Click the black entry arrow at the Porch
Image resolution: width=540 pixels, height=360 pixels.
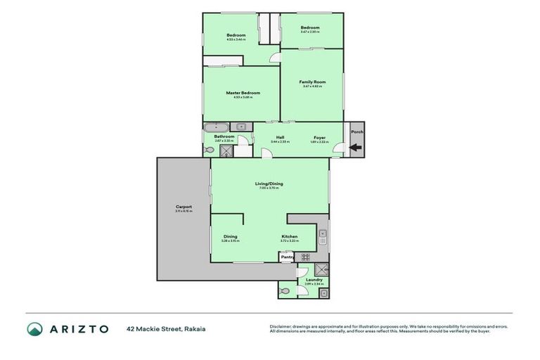(x=356, y=148)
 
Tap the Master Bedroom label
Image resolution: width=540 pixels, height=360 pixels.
(x=243, y=93)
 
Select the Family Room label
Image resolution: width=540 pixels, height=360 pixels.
(x=312, y=82)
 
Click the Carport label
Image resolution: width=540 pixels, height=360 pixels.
(x=184, y=207)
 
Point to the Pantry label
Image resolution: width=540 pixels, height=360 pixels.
(x=287, y=257)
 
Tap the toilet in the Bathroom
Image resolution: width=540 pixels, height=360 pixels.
(x=209, y=150)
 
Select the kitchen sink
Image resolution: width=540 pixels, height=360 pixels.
(x=323, y=238)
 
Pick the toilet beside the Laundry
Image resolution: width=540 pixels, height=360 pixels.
(x=284, y=290)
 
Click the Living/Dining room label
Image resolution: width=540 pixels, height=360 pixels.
(x=269, y=184)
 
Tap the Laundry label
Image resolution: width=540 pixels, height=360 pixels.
(x=314, y=280)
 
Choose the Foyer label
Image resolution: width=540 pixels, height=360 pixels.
(x=319, y=137)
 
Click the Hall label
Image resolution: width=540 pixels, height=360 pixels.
(x=280, y=137)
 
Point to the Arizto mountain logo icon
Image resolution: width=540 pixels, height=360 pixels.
(x=35, y=328)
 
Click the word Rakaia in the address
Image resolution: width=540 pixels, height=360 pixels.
(x=195, y=328)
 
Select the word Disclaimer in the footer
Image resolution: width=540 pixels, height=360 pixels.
(x=282, y=326)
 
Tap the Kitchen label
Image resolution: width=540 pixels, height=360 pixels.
(x=290, y=236)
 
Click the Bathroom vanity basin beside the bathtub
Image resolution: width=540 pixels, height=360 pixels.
(x=241, y=127)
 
